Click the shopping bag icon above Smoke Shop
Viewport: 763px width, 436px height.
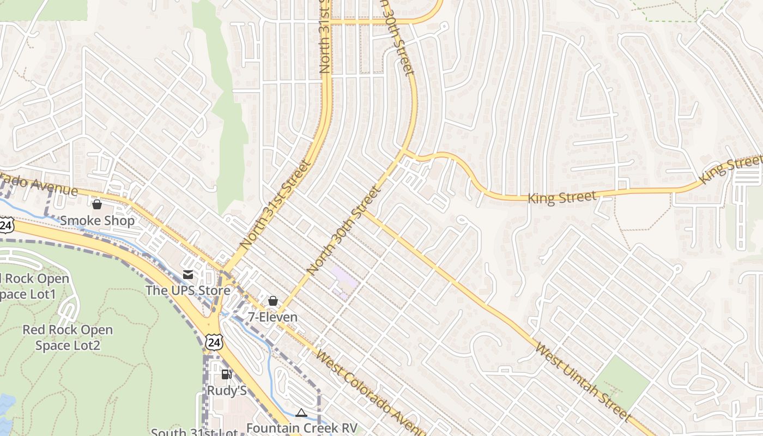tap(97, 204)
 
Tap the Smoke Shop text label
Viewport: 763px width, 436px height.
tap(97, 221)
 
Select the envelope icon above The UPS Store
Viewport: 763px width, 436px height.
tap(188, 274)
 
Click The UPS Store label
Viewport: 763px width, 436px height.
tap(188, 290)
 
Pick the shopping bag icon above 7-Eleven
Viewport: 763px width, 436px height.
tap(273, 301)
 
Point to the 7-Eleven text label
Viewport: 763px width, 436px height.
tap(273, 317)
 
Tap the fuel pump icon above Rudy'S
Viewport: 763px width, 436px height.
tap(226, 374)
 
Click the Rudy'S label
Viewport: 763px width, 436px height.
tap(227, 391)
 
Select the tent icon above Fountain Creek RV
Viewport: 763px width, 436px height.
tap(301, 413)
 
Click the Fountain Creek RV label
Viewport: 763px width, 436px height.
tap(301, 428)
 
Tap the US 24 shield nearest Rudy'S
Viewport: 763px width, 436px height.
tap(214, 342)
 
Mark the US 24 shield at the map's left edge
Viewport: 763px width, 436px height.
tap(5, 225)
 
